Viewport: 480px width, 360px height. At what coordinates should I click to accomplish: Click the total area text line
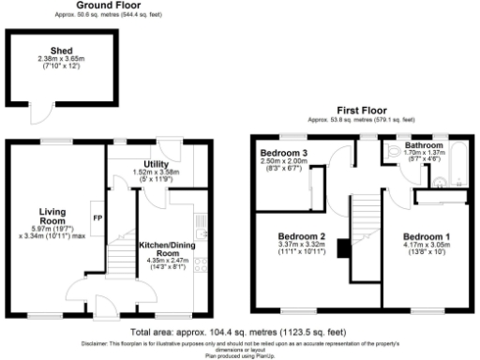tap(240, 331)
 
